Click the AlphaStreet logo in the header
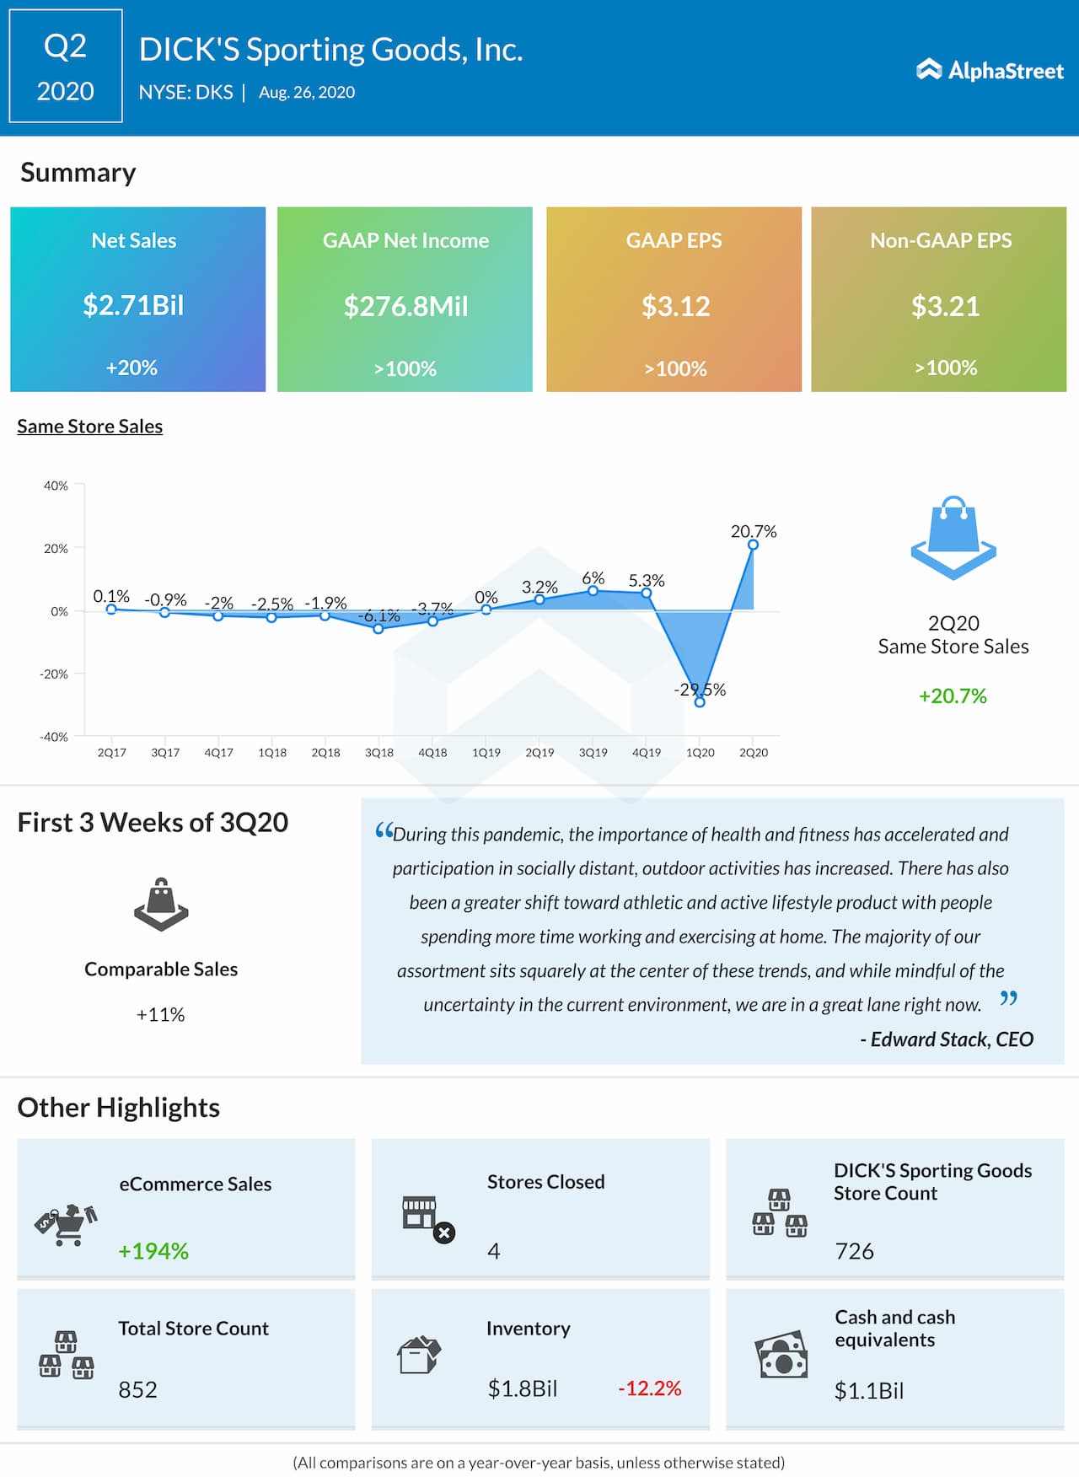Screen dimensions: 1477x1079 [x=990, y=70]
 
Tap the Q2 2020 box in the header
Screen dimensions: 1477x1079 [x=66, y=67]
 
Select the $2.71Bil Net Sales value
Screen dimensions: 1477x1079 [x=133, y=305]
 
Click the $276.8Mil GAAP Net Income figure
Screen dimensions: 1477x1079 [x=405, y=306]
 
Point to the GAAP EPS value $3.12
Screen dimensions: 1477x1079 [x=675, y=306]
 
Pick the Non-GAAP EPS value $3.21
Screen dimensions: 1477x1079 [x=945, y=306]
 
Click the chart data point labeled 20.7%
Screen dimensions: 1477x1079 [x=753, y=545]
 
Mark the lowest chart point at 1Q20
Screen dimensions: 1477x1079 [x=700, y=701]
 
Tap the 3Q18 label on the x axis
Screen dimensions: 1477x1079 [x=379, y=753]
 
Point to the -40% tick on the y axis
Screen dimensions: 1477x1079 [x=55, y=737]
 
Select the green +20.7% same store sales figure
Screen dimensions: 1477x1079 [x=953, y=696]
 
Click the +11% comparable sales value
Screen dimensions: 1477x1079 [x=160, y=1014]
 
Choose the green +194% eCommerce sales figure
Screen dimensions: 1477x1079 [x=153, y=1251]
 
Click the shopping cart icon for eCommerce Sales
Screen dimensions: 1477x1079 [x=67, y=1225]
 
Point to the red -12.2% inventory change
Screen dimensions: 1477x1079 [x=649, y=1388]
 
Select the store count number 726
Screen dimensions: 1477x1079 [x=854, y=1251]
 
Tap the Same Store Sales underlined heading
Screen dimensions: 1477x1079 [x=90, y=427]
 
